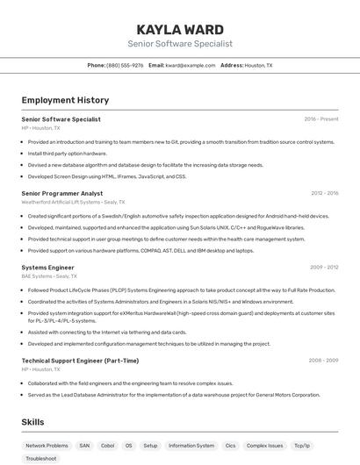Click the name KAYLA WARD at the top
pos(180,29)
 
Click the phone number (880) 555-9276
pos(125,65)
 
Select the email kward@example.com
pos(190,65)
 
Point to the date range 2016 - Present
pos(321,119)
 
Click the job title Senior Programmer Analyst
pos(62,193)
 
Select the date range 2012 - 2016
pos(324,193)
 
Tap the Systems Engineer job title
pos(47,267)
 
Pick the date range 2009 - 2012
pos(324,267)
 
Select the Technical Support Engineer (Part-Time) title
pos(80,361)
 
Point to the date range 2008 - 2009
pos(324,361)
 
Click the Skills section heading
pos(33,422)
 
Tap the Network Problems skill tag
pos(47,446)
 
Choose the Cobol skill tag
pos(108,446)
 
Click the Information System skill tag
pos(191,446)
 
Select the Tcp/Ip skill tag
pos(302,446)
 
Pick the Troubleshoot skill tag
pos(41,459)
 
